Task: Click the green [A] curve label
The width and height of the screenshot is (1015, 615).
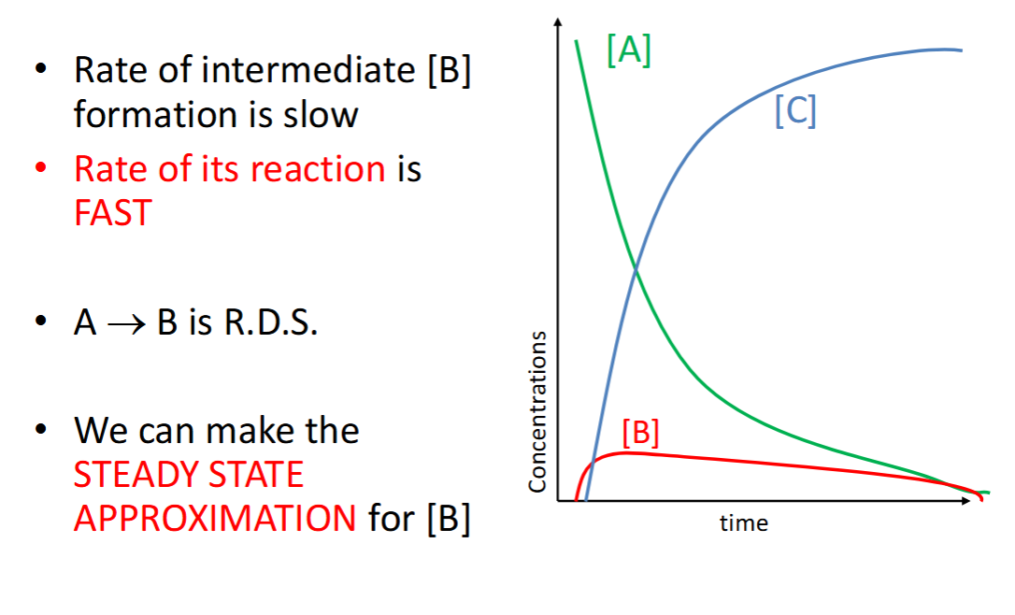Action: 628,51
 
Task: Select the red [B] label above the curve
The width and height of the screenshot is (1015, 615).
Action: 640,432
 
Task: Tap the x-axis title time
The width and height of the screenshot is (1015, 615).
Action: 744,523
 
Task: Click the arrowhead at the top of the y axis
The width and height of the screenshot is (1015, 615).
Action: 558,22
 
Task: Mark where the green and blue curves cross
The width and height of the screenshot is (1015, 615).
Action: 636,271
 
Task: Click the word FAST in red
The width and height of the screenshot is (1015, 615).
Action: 112,214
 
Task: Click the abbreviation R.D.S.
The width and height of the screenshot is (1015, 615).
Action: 269,324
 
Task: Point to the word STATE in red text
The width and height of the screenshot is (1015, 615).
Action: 257,475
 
